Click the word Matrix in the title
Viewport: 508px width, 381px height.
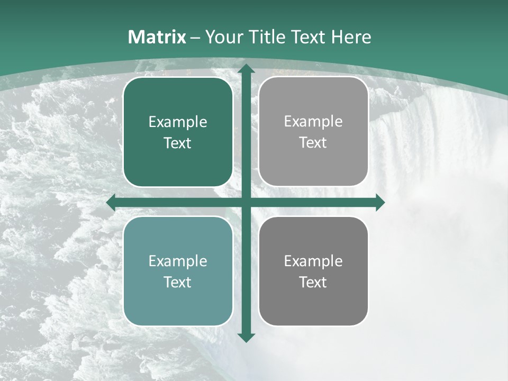pyautogui.click(x=157, y=37)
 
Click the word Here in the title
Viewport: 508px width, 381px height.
pyautogui.click(x=351, y=37)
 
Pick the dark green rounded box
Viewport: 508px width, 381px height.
pyautogui.click(x=178, y=132)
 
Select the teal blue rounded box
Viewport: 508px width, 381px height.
pyautogui.click(x=178, y=271)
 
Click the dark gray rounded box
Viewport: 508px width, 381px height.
pyautogui.click(x=313, y=271)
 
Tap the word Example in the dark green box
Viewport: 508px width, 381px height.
pyautogui.click(x=178, y=122)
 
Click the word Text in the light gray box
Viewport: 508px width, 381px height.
pyautogui.click(x=313, y=143)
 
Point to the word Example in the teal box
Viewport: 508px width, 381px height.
pyautogui.click(x=178, y=261)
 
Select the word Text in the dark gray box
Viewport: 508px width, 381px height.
pyautogui.click(x=313, y=283)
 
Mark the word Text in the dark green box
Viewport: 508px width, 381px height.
pyautogui.click(x=178, y=143)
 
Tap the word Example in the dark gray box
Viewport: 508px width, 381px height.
pyautogui.click(x=313, y=261)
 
